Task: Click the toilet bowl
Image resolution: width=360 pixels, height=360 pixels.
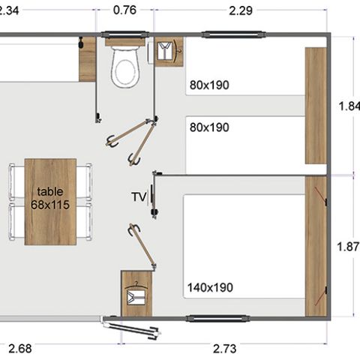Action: pos(125,68)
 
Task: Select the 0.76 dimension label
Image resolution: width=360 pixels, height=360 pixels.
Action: pos(124,10)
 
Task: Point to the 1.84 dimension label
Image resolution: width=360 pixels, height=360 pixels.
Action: pos(349,106)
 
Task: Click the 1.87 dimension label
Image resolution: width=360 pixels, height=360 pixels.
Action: pos(349,245)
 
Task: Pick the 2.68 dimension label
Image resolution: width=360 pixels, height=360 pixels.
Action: pos(21,348)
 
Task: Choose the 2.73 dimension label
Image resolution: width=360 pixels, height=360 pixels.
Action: pos(225,348)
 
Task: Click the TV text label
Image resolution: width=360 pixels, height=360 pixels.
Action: pos(138,197)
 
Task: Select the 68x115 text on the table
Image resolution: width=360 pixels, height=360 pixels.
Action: pos(50,204)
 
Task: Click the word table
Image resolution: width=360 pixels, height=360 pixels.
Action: pos(50,191)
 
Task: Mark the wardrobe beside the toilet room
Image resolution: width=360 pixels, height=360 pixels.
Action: pos(168,52)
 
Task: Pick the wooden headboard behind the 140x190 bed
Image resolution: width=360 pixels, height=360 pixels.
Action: pos(316,246)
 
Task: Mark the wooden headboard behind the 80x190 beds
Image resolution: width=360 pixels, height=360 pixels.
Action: pos(316,105)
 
